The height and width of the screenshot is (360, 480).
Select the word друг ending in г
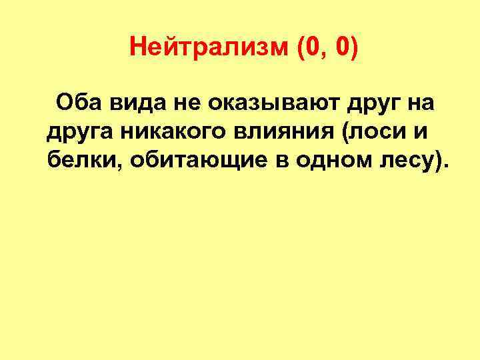click(x=371, y=105)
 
